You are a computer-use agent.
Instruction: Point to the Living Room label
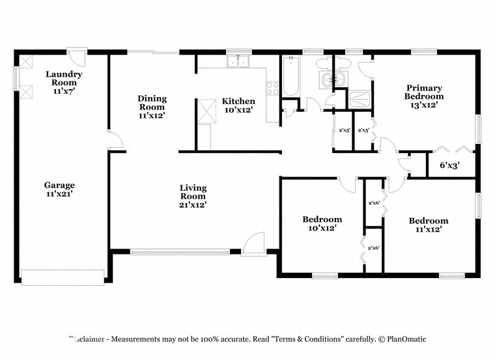click(193, 196)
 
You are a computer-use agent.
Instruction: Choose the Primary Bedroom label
click(424, 96)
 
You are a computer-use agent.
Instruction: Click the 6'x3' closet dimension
click(449, 165)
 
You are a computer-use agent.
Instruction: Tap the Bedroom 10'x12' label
click(322, 223)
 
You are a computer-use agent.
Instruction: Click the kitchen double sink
click(239, 62)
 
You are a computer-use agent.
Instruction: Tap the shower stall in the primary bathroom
click(360, 100)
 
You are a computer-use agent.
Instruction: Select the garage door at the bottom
click(63, 277)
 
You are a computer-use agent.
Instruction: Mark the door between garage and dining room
click(115, 141)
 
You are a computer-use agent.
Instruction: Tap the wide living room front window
click(180, 251)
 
